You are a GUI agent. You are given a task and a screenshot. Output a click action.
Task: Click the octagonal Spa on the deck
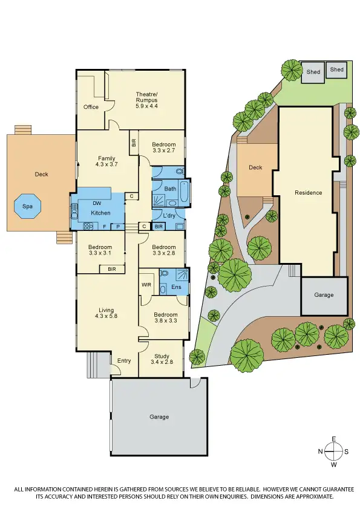point(28,206)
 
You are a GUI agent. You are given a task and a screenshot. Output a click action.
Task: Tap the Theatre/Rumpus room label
point(146,94)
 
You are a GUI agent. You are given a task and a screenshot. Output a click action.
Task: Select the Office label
point(91,107)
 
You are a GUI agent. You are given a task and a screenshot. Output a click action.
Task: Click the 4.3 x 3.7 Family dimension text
point(106,164)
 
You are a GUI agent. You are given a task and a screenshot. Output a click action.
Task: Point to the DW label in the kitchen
point(97,204)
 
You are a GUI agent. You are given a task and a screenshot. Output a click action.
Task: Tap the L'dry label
point(169,215)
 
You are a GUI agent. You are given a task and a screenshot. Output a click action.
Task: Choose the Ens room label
point(177,287)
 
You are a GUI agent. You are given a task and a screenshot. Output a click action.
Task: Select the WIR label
point(146,284)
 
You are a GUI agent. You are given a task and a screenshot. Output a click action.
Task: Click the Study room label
point(162,356)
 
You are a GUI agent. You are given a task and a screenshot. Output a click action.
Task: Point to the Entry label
point(124,361)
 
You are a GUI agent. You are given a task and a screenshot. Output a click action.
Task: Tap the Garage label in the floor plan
point(159,417)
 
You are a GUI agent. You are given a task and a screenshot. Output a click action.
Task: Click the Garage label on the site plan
point(324,295)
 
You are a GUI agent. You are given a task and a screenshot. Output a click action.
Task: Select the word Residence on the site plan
point(308,193)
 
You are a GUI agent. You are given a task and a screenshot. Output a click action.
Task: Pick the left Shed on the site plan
point(313,72)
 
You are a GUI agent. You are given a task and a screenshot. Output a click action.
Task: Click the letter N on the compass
point(321,452)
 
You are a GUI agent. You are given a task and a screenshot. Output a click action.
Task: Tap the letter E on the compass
point(333,439)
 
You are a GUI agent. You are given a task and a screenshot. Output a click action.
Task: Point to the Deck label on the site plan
point(255,167)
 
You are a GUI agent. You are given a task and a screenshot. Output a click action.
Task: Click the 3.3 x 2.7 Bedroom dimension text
point(163,151)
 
